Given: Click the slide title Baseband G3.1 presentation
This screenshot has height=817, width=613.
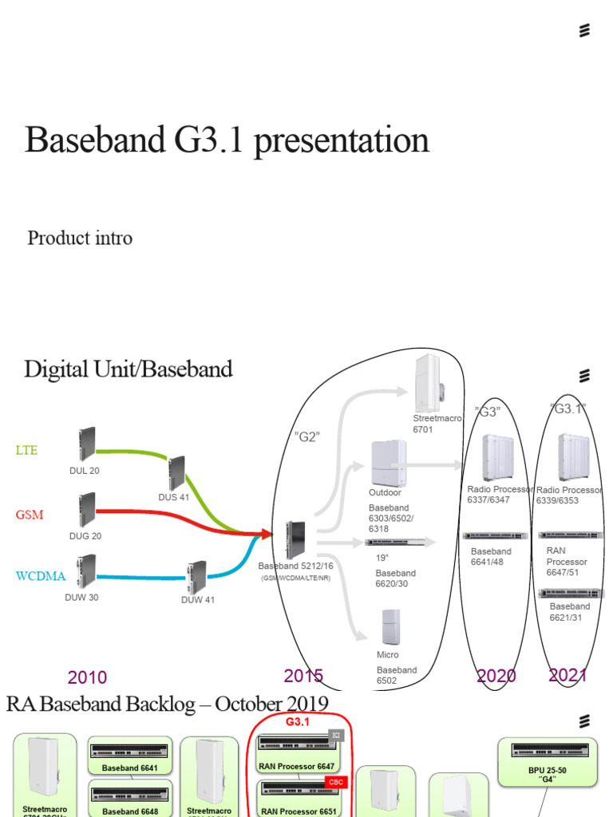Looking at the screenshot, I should pos(227,140).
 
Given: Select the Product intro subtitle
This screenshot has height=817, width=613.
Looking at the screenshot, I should pos(80,238).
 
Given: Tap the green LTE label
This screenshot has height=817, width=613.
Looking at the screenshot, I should pos(26,450).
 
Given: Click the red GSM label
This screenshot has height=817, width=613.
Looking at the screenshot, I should pos(29,515).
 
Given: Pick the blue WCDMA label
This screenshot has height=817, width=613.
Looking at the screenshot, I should pos(40,576).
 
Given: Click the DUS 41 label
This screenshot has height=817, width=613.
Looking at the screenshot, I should pos(174,498).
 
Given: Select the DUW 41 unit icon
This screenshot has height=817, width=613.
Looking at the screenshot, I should pos(196,577).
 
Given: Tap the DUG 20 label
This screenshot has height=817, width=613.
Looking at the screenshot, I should pos(85,536).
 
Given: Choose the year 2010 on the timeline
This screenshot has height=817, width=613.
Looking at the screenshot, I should pos(87,677).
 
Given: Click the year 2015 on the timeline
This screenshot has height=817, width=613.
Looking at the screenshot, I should pos(303,676).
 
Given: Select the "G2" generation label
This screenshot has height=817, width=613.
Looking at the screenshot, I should pos(306,436).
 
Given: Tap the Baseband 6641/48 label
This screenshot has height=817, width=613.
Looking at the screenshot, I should pos(491,556).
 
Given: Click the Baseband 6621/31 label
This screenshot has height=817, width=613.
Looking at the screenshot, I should pos(570,612).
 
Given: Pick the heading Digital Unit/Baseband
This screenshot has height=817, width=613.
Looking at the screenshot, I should pos(128,369).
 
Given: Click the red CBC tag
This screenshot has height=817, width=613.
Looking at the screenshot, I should pos(336,783).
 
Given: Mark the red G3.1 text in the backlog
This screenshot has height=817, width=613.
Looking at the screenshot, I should pos(297,721).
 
